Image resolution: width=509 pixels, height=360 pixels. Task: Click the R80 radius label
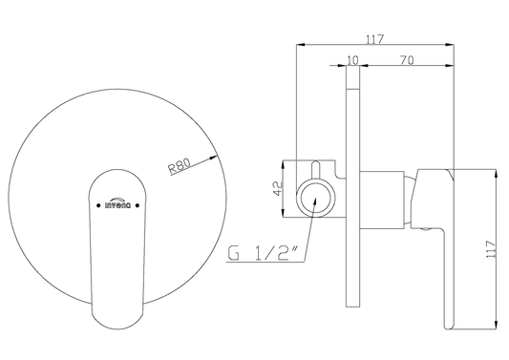179,166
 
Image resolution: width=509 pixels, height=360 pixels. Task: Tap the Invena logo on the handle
117,202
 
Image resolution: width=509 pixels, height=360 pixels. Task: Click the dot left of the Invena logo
98,205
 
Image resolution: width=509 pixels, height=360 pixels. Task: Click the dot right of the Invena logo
138,205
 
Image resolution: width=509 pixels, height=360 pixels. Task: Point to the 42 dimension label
279,188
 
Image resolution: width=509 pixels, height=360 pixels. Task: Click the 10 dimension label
352,60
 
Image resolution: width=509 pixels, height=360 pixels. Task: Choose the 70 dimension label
407,60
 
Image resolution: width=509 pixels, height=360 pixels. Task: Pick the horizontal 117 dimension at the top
375,39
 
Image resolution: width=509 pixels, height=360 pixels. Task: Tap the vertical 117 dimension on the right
491,249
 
